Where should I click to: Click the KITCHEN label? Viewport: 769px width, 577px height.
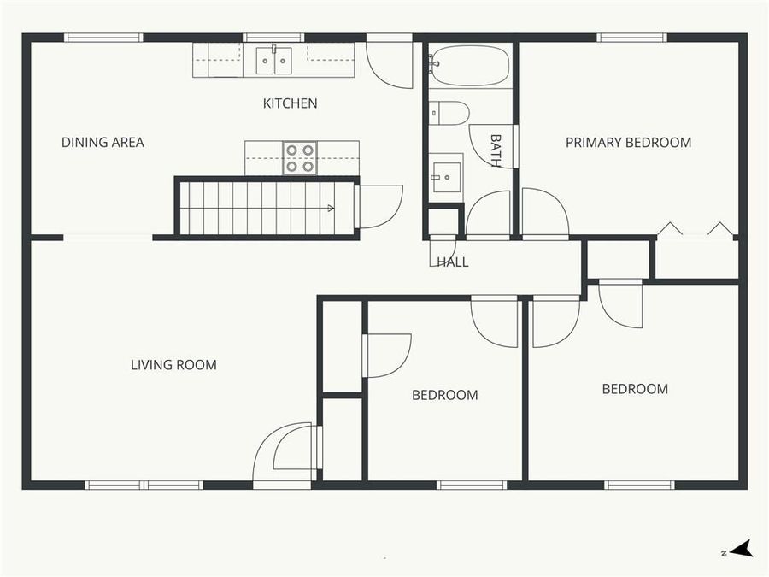point(290,103)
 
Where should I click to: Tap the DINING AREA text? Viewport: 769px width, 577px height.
point(103,143)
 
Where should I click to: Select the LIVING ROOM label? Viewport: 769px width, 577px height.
point(173,365)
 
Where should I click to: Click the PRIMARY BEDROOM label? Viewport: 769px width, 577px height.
point(628,143)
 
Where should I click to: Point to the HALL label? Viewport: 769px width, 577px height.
point(452,262)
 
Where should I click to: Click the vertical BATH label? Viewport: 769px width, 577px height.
point(496,149)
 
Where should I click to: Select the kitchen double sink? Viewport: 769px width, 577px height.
point(273,61)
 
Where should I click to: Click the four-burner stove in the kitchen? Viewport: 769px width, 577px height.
point(300,158)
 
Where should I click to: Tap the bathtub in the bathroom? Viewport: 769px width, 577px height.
point(470,65)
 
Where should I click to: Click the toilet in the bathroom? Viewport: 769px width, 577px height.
point(449,113)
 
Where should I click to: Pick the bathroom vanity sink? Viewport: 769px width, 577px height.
point(445,177)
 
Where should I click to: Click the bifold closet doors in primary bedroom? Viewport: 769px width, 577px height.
point(696,229)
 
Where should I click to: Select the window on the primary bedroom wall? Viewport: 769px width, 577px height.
point(631,37)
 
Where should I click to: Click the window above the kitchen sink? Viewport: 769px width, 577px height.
point(273,37)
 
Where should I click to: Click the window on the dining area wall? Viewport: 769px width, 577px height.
point(103,37)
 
